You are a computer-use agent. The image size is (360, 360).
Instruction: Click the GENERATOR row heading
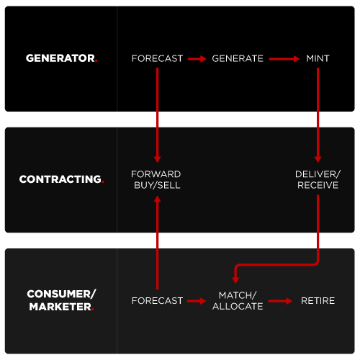point(61,58)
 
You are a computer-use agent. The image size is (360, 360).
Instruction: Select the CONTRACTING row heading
point(62,179)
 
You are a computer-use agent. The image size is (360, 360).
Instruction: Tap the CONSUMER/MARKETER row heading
point(61,300)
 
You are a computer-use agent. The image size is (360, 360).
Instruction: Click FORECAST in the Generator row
point(157,58)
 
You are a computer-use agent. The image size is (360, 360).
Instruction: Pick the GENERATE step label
point(238,58)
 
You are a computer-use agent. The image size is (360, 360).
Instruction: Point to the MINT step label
point(318,58)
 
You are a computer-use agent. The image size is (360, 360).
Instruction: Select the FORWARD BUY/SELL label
point(156,180)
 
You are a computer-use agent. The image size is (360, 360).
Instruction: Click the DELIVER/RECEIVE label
point(318,180)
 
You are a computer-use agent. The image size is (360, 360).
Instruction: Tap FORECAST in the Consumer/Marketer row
point(157,301)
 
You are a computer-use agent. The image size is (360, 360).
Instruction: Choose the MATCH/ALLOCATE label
point(238,301)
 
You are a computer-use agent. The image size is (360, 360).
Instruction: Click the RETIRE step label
point(318,301)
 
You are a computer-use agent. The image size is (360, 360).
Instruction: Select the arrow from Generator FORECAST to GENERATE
point(197,59)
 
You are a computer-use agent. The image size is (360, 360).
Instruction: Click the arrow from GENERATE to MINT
point(284,59)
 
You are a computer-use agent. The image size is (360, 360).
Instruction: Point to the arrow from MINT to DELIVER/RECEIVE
point(318,115)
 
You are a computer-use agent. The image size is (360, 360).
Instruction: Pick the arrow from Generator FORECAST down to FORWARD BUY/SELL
point(157,115)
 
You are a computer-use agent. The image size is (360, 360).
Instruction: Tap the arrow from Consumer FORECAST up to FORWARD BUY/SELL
point(157,243)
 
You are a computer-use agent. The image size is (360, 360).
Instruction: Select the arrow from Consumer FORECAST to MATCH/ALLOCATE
point(197,301)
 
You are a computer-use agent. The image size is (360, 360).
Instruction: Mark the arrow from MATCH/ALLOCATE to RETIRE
point(280,301)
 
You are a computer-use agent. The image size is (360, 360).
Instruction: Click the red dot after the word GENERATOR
point(96,61)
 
